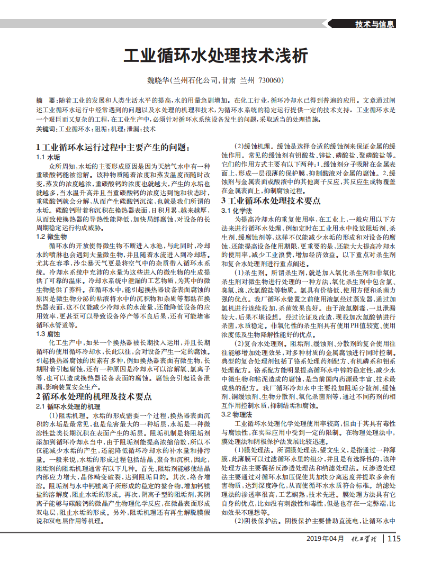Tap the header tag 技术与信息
[374, 24]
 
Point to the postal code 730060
[270, 80]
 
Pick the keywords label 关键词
[46, 129]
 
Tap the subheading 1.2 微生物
[51, 236]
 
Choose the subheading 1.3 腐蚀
[48, 334]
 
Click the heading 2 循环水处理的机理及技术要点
[94, 396]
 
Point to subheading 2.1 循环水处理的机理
[68, 406]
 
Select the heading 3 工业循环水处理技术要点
[271, 201]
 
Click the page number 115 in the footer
[394, 539]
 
